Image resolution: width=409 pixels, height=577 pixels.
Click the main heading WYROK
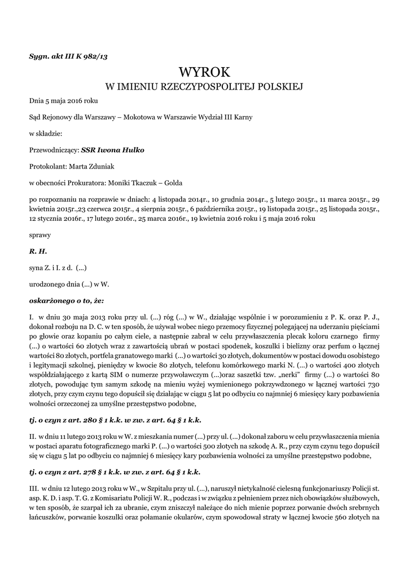(x=205, y=72)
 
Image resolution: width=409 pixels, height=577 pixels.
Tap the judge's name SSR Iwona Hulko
(x=113, y=150)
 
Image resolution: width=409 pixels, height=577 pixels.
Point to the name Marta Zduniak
(x=90, y=166)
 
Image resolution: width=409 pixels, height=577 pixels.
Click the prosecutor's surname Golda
(x=172, y=182)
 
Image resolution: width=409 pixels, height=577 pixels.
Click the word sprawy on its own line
(x=40, y=232)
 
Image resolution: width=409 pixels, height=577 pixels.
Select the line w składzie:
(x=46, y=134)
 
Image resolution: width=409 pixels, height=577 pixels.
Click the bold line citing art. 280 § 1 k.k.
(x=115, y=420)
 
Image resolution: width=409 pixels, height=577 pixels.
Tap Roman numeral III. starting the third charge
(x=34, y=487)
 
